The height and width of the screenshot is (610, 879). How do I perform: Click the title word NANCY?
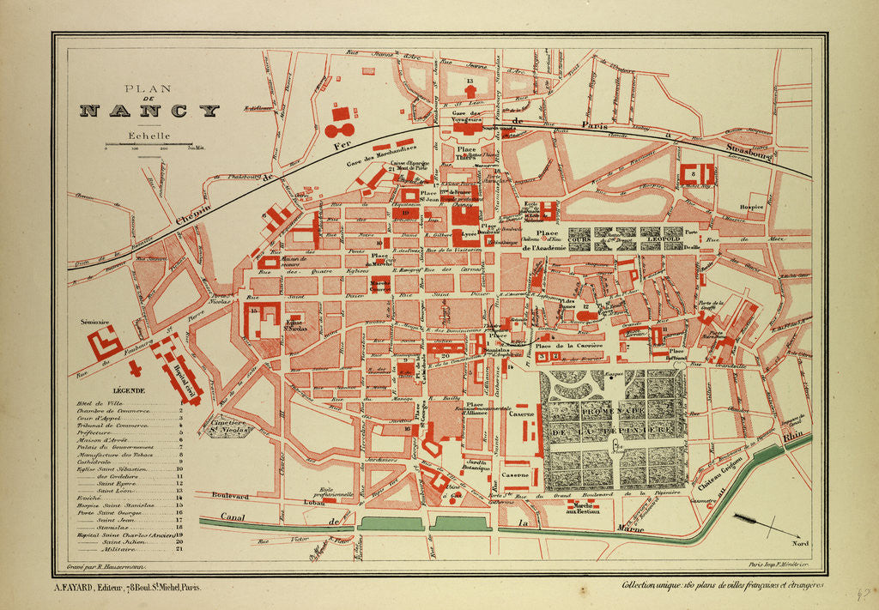(x=149, y=111)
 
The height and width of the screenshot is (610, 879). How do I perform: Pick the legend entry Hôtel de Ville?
(x=99, y=402)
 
